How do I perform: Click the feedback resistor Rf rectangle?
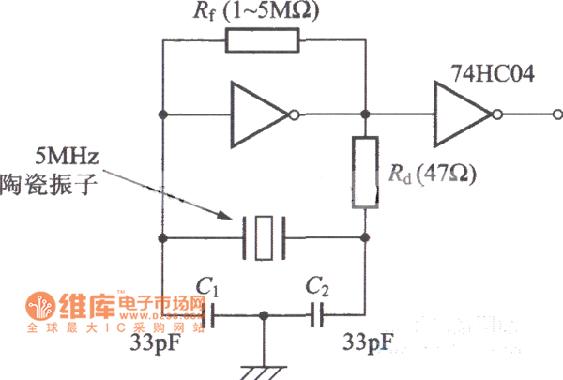coord(262,40)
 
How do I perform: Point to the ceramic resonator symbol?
coord(264,237)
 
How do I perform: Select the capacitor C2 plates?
coord(320,319)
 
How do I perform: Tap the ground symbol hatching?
coord(264,371)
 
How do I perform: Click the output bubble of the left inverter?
coord(295,114)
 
